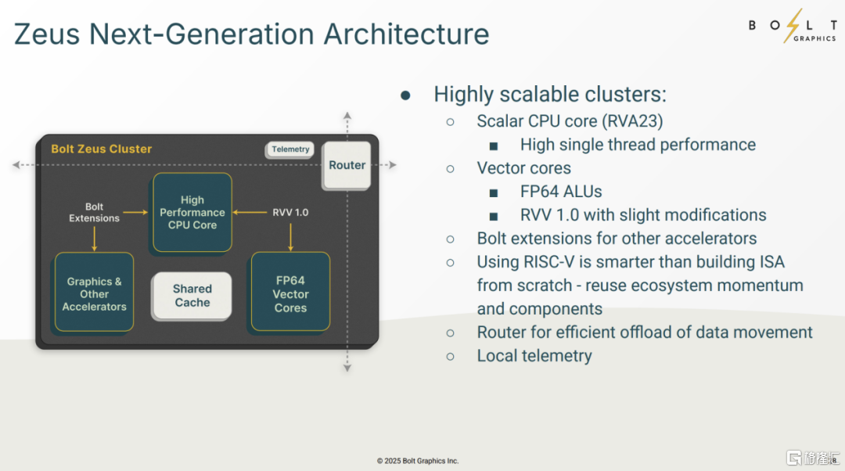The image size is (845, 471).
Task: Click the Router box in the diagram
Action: point(347,165)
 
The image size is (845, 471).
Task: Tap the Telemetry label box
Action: point(291,149)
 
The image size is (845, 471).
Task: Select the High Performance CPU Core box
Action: point(192,212)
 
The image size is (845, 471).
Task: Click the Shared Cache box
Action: point(192,296)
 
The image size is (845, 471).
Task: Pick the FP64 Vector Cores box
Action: point(290,294)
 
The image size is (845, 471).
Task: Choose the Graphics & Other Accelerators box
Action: point(95,294)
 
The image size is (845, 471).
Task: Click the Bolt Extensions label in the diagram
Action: point(94,212)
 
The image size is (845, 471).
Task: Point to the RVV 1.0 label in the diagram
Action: point(291,212)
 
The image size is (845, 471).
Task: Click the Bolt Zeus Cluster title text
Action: point(102,149)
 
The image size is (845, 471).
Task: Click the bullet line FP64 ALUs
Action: point(561,192)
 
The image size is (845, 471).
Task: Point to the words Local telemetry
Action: point(534,356)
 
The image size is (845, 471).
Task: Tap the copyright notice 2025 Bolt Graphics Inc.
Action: point(418,461)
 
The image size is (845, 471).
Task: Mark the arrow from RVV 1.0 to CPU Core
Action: point(250,211)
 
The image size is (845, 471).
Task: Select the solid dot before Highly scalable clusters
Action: point(405,95)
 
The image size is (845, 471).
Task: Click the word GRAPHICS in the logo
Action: point(814,38)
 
